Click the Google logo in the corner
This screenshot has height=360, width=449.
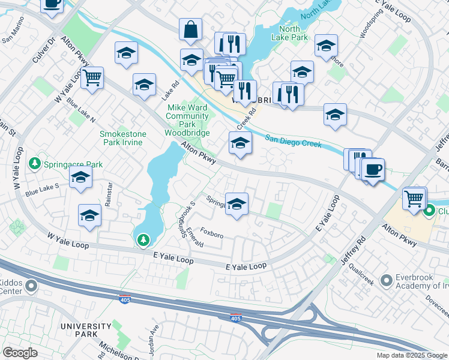click(x=20, y=353)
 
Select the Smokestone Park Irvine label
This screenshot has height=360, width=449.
click(x=121, y=138)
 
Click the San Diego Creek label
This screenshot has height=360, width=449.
click(x=293, y=139)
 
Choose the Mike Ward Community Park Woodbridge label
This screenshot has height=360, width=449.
click(x=187, y=120)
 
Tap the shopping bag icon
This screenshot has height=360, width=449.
click(x=190, y=29)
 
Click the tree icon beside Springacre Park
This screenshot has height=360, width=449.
click(x=35, y=164)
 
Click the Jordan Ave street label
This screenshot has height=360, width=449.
click(x=153, y=333)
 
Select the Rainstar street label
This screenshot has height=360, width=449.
click(x=109, y=194)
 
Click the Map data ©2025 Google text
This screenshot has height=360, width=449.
click(x=411, y=355)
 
